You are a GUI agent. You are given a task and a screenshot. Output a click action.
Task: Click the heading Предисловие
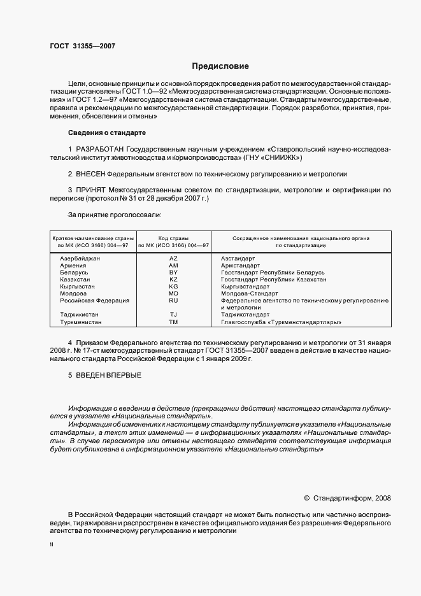pos(220,66)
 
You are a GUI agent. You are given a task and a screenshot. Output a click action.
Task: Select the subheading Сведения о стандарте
pos(106,133)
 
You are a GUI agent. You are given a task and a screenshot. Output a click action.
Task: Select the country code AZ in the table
pos(173,259)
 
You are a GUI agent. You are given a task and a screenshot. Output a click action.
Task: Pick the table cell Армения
pos(74,266)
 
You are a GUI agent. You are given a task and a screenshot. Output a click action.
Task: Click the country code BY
pos(173,273)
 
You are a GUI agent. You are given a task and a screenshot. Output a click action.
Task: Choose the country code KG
pos(173,287)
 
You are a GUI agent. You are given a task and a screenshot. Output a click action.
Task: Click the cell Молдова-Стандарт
pos(249,294)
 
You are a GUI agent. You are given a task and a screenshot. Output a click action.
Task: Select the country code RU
pos(173,300)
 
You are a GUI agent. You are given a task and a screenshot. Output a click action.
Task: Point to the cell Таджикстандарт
pos(249,315)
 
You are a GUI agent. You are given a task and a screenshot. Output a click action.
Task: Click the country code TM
pos(173,322)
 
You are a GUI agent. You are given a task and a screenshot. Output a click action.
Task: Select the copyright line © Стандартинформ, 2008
pos(348,498)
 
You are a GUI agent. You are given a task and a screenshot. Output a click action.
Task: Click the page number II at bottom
pos(52,544)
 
